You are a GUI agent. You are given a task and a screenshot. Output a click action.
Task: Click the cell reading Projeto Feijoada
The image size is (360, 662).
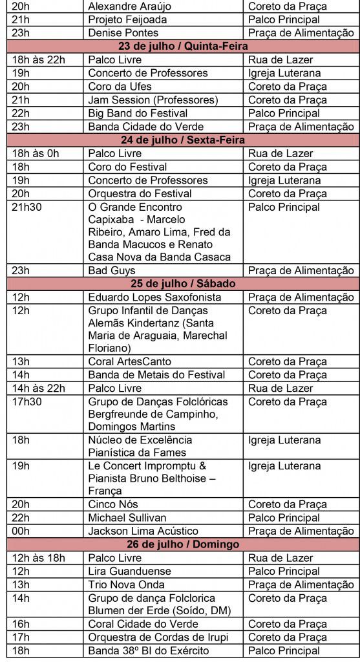click(127, 19)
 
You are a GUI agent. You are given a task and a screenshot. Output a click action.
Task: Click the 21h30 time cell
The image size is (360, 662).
click(25, 207)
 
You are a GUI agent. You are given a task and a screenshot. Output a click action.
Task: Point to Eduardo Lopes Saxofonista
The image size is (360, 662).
click(154, 297)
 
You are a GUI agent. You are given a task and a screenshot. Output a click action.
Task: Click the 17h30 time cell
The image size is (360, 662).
click(25, 401)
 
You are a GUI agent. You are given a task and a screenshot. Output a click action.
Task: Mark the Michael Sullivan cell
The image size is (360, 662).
click(127, 518)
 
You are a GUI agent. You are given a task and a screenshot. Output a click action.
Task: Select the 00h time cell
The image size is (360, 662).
click(21, 531)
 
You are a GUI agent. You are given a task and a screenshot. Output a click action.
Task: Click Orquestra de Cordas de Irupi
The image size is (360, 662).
click(155, 637)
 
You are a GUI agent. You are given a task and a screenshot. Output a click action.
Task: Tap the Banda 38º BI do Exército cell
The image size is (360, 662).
click(148, 651)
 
